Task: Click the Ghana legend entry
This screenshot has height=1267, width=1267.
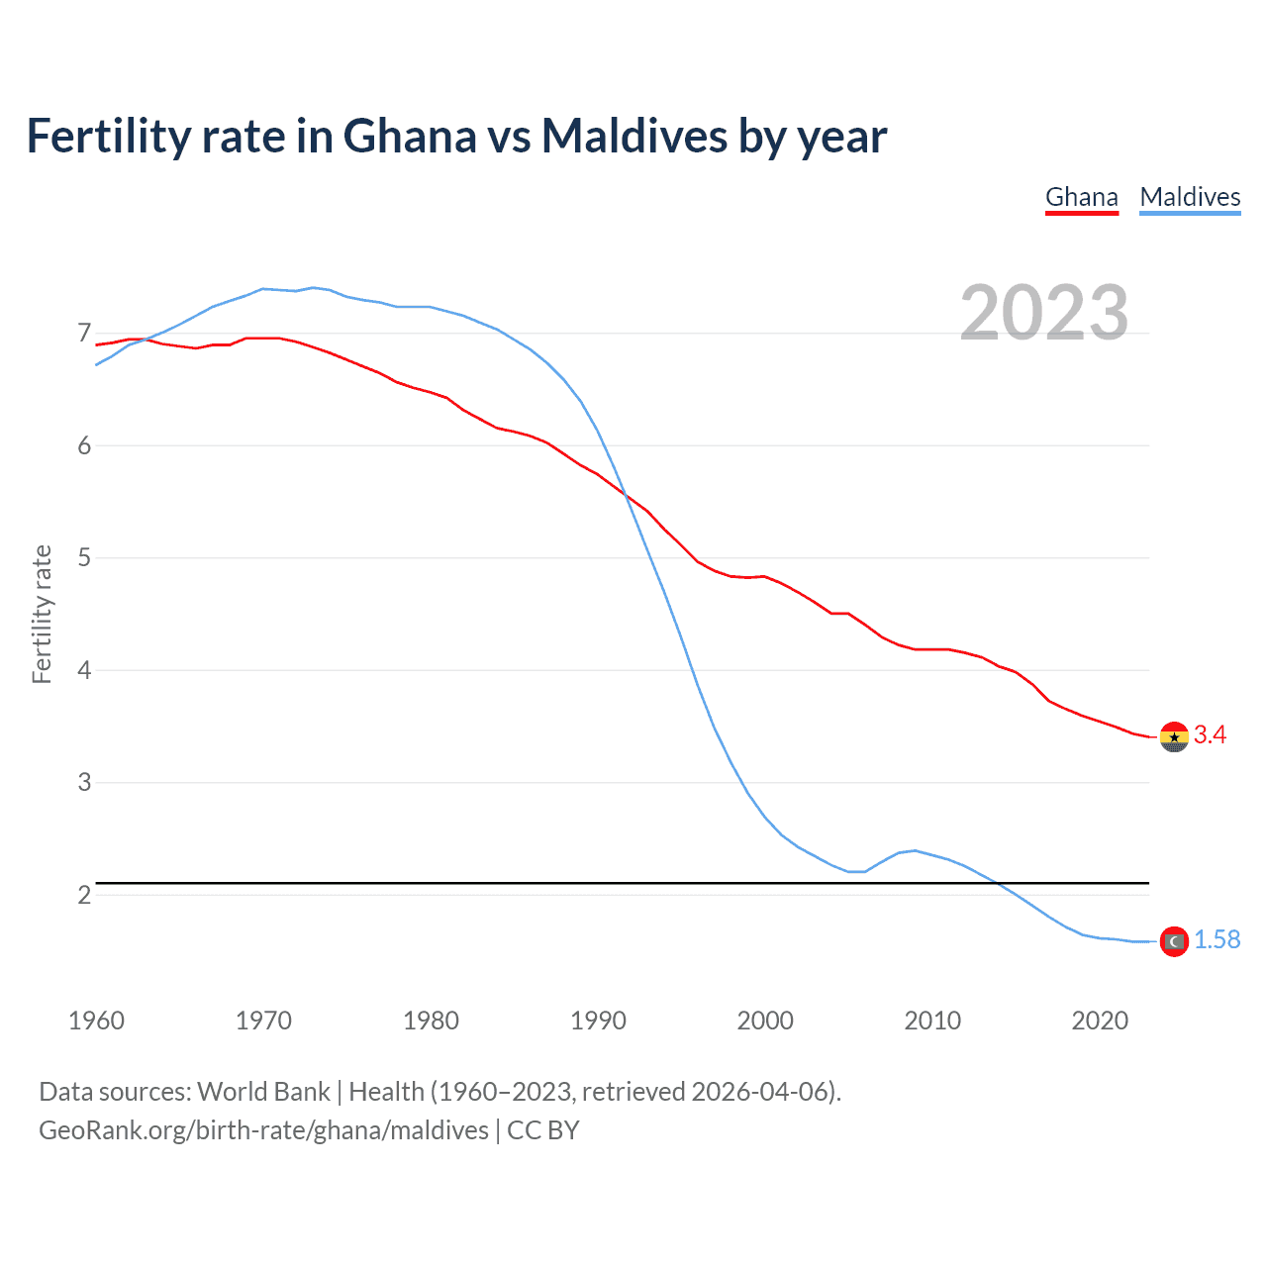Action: click(x=1082, y=197)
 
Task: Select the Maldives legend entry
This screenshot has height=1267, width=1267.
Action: click(x=1190, y=197)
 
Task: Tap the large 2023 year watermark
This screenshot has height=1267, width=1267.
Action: click(x=1044, y=313)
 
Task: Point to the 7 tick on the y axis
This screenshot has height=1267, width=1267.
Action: click(x=84, y=334)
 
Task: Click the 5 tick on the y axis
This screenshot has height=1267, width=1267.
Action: click(x=84, y=558)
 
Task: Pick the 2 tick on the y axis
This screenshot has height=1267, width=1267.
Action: click(x=84, y=895)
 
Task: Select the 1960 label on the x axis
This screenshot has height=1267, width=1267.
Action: click(x=96, y=1021)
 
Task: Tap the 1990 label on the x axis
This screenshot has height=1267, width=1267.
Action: click(x=598, y=1021)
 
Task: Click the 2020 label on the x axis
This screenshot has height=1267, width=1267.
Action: click(x=1100, y=1021)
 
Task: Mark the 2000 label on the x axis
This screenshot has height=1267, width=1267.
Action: click(x=765, y=1021)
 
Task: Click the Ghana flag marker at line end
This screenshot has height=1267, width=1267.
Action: click(x=1174, y=736)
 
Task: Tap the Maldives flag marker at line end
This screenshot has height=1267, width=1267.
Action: click(x=1174, y=941)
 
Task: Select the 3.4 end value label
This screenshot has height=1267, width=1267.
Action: click(x=1210, y=734)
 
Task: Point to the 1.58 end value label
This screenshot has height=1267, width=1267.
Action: click(x=1217, y=939)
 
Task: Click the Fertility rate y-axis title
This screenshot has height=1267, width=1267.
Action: click(x=42, y=614)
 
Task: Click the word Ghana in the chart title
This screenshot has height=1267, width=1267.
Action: click(x=409, y=136)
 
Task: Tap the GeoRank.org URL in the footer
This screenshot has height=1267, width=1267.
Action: click(x=263, y=1130)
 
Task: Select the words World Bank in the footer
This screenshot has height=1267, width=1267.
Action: click(x=263, y=1092)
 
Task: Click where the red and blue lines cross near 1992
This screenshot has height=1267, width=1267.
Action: click(x=626, y=496)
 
